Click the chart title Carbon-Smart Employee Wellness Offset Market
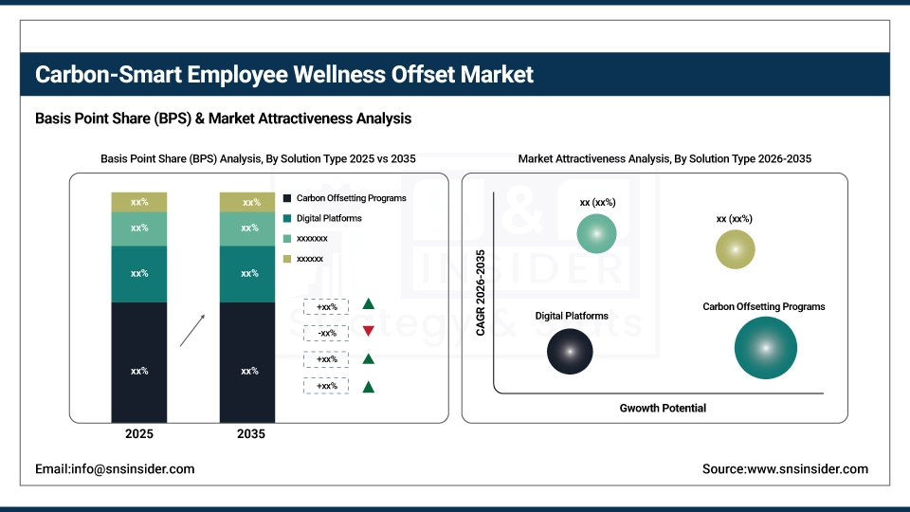coord(284,74)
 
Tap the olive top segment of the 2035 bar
coord(247,202)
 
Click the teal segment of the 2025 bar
coord(139,274)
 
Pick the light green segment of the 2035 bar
coord(247,229)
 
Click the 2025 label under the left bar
coord(139,434)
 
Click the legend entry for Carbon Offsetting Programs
coord(345,198)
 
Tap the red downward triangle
coord(368,332)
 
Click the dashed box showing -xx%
coord(326,333)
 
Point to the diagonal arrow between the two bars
coord(191,331)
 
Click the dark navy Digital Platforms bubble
coord(570,351)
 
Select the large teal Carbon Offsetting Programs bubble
coord(765,348)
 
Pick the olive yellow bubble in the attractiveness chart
coord(736,249)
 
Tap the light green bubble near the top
coord(596,233)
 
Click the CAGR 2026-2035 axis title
coord(481,293)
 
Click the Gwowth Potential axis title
coord(663,408)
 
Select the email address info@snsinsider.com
coord(115,468)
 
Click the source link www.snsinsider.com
coord(785,468)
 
